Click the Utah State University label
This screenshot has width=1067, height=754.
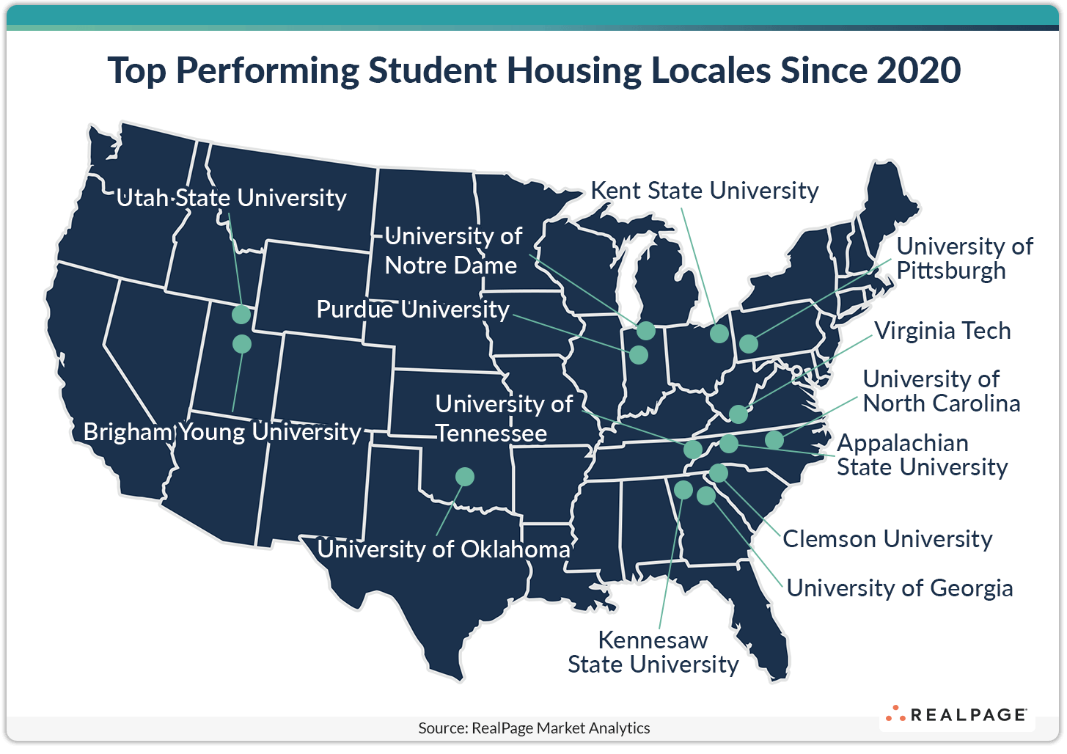pos(231,198)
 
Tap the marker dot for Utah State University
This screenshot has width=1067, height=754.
pos(241,315)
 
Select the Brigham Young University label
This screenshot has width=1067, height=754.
pos(222,431)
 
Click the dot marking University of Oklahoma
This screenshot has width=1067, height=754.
pos(464,477)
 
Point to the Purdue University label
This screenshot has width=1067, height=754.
pos(412,310)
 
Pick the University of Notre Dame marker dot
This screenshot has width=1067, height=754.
pos(645,331)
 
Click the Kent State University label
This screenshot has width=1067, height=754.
pos(704,191)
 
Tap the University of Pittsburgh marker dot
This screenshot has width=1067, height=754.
pos(748,343)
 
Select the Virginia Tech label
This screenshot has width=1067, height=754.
pos(942,331)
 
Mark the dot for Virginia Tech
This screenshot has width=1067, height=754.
pos(738,414)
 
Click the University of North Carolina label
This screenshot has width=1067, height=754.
pos(941,391)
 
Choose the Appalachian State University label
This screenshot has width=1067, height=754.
pos(922,455)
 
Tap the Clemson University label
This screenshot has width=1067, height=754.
pos(887,539)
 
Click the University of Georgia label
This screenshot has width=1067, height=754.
pos(899,588)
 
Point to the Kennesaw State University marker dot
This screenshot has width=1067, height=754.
pos(683,489)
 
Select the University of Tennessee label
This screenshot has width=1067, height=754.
pos(503,418)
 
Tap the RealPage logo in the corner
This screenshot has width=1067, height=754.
pos(956,714)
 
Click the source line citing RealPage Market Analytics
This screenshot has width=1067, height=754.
pos(534,728)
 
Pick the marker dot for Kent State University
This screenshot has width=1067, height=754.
pos(719,334)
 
